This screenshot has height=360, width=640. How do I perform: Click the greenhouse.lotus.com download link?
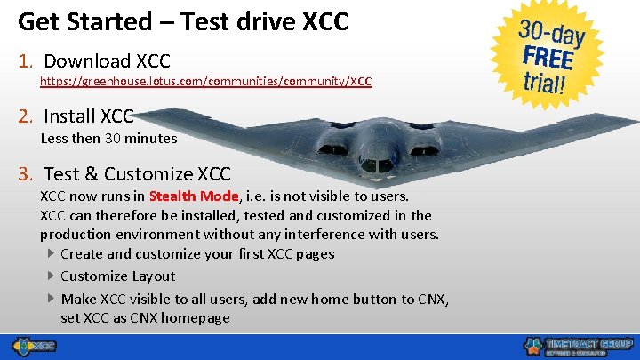pos(205,81)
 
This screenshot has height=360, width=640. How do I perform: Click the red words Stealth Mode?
pos(194,196)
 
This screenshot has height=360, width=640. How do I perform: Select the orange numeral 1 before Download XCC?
pos(26,61)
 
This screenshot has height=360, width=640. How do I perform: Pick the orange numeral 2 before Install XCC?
pos(26,116)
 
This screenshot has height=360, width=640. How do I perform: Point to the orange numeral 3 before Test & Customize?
pos(26,173)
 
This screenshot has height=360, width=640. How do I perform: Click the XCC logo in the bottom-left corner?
pos(33,345)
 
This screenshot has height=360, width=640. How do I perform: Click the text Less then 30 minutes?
pos(108,138)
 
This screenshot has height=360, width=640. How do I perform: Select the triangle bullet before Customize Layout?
pos(51,276)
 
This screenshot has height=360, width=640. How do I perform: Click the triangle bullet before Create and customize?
pos(51,253)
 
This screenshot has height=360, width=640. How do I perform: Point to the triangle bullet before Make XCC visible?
pos(51,298)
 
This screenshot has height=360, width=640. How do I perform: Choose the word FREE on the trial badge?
pos(548,60)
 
